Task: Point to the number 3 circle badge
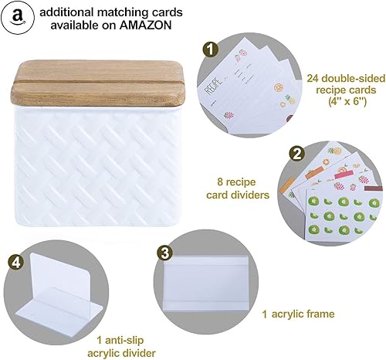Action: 164,252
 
